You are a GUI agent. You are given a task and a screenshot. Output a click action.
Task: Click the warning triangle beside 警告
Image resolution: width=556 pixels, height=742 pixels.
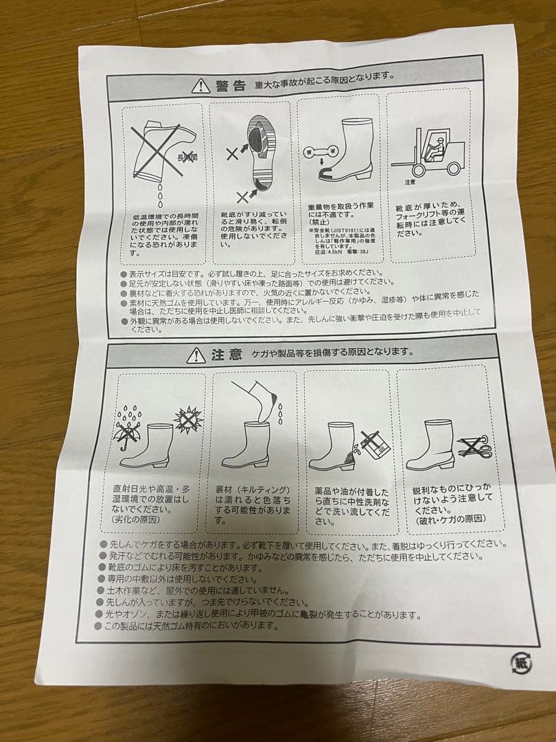pos(200,86)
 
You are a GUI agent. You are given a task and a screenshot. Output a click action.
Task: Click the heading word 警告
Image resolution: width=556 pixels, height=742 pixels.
pos(230,86)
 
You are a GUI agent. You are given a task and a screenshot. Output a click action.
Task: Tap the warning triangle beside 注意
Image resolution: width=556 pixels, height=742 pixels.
pos(196,355)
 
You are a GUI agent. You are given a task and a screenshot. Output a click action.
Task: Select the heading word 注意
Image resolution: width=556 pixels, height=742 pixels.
pos(226,355)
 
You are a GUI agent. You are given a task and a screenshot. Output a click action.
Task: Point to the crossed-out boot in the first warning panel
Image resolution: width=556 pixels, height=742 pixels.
pos(160,149)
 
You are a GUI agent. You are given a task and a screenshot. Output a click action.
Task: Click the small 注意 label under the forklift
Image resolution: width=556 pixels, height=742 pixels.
pos(410,182)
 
